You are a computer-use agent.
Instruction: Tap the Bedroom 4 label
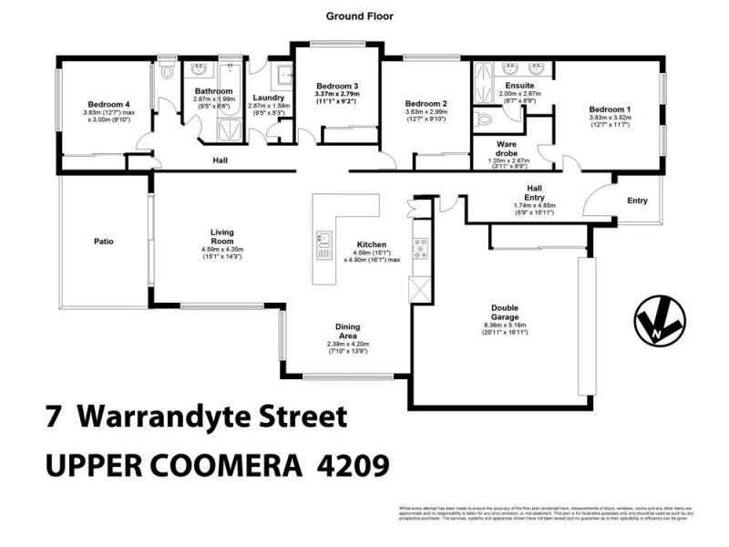click(x=108, y=103)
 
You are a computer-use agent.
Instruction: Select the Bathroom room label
click(x=213, y=91)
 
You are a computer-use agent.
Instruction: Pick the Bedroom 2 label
click(x=426, y=103)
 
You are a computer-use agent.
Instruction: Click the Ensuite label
click(x=520, y=85)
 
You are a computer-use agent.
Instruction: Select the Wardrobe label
click(x=508, y=148)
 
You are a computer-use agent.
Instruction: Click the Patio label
click(x=103, y=242)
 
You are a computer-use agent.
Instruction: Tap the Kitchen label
click(x=372, y=244)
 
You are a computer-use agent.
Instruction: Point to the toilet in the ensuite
click(x=483, y=119)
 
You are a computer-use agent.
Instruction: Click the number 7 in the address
click(x=54, y=418)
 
